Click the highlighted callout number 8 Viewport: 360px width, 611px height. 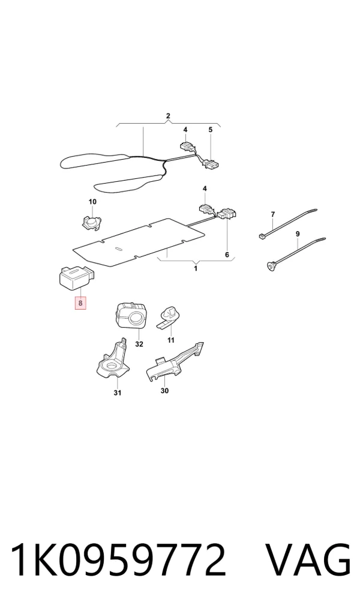click(x=80, y=302)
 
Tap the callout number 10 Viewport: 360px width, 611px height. click(x=92, y=202)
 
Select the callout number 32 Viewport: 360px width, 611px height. click(x=139, y=344)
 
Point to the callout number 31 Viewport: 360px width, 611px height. click(x=117, y=393)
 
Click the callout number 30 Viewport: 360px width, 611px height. click(x=164, y=391)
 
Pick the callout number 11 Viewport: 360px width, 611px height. click(x=170, y=340)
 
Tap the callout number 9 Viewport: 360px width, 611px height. click(x=298, y=234)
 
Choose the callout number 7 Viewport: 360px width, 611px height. click(x=273, y=214)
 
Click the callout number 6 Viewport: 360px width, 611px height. click(x=227, y=255)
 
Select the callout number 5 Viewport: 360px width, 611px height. click(x=211, y=130)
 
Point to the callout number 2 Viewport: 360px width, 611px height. click(x=168, y=116)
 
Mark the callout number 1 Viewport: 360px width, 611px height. click(x=196, y=268)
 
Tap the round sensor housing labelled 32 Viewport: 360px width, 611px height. click(x=131, y=315)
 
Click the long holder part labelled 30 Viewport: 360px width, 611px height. click(x=173, y=363)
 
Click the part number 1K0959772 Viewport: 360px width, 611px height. click(x=118, y=561)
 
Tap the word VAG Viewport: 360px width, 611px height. click(x=308, y=561)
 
